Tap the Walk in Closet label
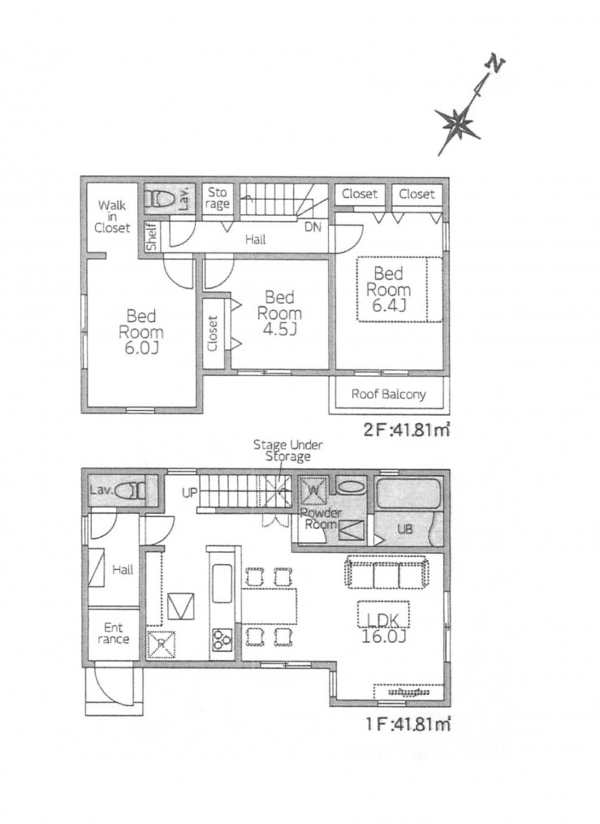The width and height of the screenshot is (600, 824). [x=112, y=217]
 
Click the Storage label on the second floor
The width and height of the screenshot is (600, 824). [x=217, y=198]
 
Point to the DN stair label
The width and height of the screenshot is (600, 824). [x=313, y=227]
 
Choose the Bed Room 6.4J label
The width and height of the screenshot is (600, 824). [x=389, y=289]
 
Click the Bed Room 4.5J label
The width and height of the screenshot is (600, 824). [x=279, y=313]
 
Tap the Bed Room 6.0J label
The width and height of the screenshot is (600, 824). [x=140, y=331]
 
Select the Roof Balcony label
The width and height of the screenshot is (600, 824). [x=388, y=394]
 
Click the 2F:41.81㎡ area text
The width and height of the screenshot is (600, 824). [x=407, y=430]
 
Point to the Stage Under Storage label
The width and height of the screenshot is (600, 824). [x=288, y=451]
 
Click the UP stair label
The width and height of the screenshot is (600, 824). [x=190, y=493]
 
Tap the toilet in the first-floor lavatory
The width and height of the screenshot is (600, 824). [x=130, y=491]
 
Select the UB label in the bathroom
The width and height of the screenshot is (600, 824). [x=404, y=529]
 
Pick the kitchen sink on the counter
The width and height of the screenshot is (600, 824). [x=221, y=584]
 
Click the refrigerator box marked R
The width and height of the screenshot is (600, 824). [x=161, y=644]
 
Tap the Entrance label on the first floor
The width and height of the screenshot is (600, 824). [x=114, y=633]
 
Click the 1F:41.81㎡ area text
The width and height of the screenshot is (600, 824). [x=408, y=724]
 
